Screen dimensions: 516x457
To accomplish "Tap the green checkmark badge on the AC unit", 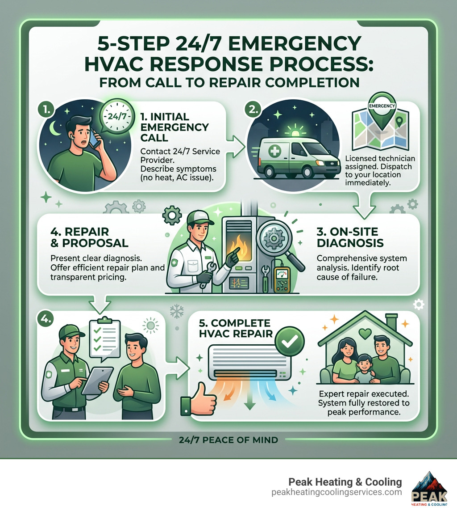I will [289, 342].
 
